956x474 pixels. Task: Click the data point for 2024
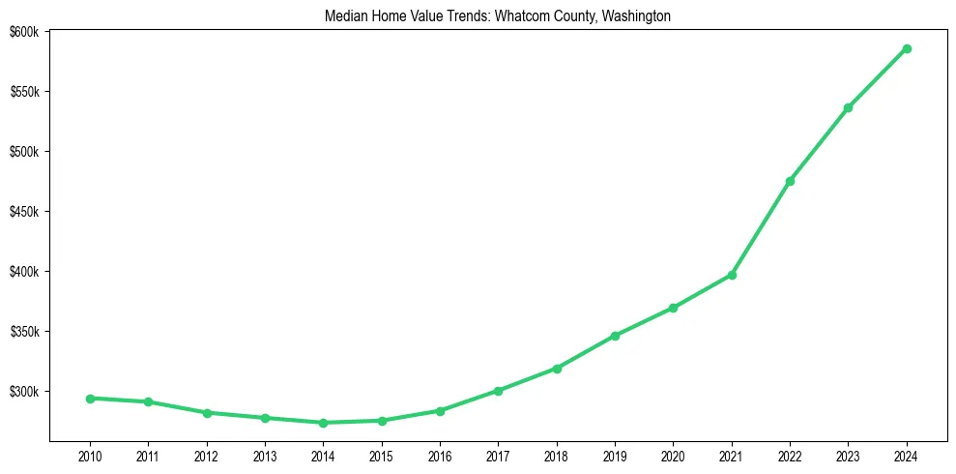point(907,48)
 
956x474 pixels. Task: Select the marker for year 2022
point(790,181)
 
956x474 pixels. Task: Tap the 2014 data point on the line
point(323,423)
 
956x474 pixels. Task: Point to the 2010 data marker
point(90,399)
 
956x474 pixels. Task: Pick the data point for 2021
point(732,275)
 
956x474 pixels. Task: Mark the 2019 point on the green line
point(615,336)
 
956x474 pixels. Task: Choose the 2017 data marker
point(498,391)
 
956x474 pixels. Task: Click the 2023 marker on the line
point(848,107)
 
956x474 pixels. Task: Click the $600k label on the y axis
point(23,32)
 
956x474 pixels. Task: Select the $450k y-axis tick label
point(23,212)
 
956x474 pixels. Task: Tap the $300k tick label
point(23,392)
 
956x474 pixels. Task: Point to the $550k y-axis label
point(23,92)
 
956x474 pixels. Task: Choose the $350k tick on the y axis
point(23,332)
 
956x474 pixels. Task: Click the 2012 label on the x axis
point(206,455)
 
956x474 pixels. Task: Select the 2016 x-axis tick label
point(440,455)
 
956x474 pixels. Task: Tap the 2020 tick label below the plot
point(673,455)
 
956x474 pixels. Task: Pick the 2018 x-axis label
point(557,455)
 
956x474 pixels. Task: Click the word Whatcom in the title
point(521,15)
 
